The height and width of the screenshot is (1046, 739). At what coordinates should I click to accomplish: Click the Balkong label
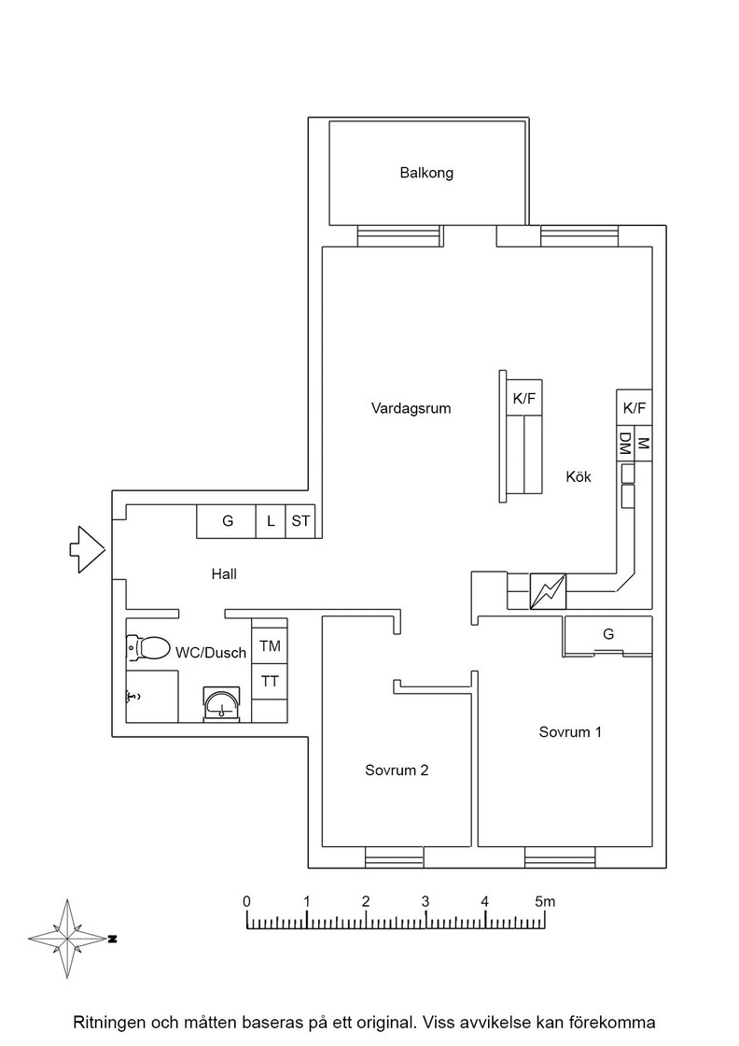(x=426, y=173)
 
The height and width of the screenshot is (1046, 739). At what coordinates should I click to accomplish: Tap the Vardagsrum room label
(x=411, y=408)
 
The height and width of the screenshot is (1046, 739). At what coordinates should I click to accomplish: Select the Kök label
(x=579, y=477)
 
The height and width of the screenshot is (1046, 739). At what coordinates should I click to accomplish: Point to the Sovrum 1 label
(x=570, y=732)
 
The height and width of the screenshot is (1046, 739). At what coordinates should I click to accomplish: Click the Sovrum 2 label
(x=397, y=770)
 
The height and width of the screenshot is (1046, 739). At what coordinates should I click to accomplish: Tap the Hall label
(x=224, y=573)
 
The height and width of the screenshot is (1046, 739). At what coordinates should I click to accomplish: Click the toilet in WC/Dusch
(x=148, y=647)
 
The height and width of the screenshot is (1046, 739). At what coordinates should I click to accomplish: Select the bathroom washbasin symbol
(x=221, y=703)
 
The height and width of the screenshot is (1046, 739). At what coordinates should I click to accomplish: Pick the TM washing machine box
(x=270, y=645)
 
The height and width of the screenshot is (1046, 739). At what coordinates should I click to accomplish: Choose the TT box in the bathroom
(x=270, y=682)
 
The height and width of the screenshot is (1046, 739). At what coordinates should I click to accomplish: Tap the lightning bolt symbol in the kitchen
(x=548, y=591)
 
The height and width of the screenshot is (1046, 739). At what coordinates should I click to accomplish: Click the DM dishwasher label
(x=625, y=443)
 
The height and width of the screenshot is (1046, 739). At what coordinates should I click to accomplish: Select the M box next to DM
(x=643, y=443)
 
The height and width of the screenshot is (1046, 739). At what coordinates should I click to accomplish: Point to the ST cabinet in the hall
(x=300, y=521)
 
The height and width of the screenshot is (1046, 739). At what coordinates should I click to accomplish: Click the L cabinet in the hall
(x=271, y=521)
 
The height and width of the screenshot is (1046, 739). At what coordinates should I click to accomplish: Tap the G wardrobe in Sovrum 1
(x=607, y=634)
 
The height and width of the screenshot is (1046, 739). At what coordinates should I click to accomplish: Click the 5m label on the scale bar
(x=544, y=901)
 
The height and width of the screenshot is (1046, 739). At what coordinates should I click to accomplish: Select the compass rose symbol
(x=68, y=939)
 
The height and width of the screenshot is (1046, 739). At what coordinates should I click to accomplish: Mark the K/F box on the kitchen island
(x=524, y=398)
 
